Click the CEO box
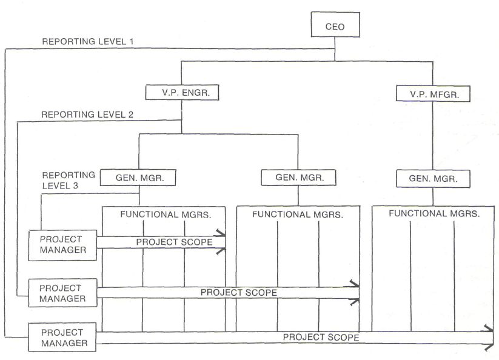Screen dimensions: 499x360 pos(335,25)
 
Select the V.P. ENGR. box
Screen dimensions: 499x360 pos(182,93)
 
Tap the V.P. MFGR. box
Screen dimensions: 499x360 pos(433,93)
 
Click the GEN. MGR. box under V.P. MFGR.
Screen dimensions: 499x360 pos(433,178)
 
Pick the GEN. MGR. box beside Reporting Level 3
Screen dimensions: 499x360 pos(138,178)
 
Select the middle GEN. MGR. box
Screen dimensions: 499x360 pos(298,177)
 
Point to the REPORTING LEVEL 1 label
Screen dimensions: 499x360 pos(88,41)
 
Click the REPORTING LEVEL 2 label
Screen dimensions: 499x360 pos(87,115)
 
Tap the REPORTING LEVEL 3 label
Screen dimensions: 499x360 pos(69,181)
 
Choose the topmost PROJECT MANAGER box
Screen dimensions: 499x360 pos(62,245)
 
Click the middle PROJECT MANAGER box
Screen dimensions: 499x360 pos(62,293)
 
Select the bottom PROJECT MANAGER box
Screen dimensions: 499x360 pos(62,338)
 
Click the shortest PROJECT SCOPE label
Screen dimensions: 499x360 pos(174,242)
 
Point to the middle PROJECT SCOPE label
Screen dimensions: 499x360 pos(239,293)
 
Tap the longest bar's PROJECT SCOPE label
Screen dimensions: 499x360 pos(321,337)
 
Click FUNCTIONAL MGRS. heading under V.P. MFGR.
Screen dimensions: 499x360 pos(434,213)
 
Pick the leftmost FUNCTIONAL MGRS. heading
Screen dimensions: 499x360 pos(166,215)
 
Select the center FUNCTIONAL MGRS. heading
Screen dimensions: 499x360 pos(298,215)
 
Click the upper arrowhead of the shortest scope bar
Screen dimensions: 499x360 pos(220,233)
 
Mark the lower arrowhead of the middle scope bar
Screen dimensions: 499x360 pos(354,302)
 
